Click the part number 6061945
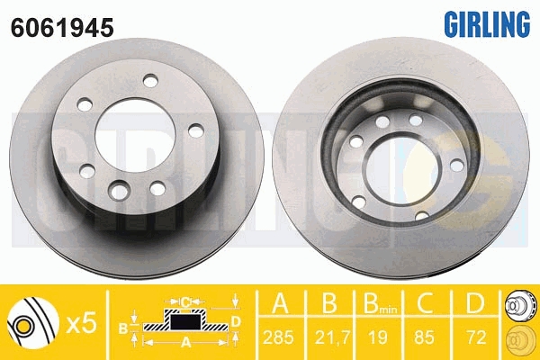(x=62, y=28)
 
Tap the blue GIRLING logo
(x=487, y=23)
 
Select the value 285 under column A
(x=279, y=337)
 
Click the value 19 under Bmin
(x=378, y=337)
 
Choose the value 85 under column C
(x=424, y=337)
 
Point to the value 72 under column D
(x=475, y=337)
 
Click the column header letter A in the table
(x=280, y=303)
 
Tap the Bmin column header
(x=380, y=303)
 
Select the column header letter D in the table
(x=475, y=303)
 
